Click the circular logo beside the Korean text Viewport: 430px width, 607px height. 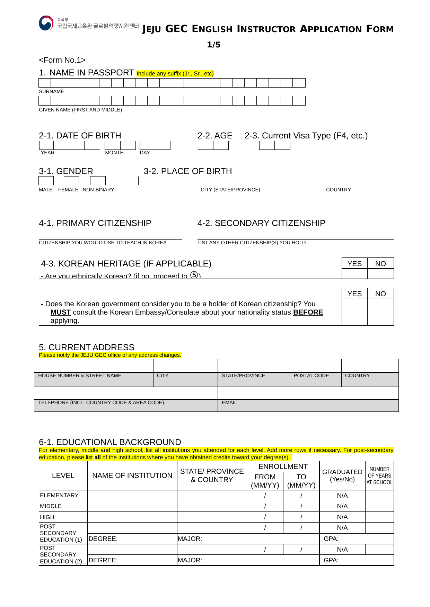[46, 23]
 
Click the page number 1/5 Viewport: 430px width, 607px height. [213, 45]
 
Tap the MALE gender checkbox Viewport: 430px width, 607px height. [46, 181]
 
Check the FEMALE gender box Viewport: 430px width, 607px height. [71, 181]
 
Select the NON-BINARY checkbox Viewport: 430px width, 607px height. [98, 181]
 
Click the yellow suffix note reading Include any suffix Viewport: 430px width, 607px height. [175, 73]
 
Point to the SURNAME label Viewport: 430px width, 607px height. [51, 91]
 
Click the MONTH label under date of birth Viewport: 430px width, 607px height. [114, 153]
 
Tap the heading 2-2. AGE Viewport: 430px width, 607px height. [215, 136]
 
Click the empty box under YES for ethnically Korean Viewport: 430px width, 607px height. [354, 274]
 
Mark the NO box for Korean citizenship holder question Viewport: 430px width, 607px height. [380, 312]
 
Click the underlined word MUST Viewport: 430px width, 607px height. [61, 312]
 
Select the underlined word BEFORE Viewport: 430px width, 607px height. [308, 312]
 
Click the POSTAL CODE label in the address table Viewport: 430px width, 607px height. [311, 375]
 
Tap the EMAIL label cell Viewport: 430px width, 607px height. [229, 402]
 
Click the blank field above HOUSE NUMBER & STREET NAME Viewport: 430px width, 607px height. [94, 366]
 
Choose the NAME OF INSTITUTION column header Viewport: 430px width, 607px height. [132, 475]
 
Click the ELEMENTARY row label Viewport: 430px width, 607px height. [59, 495]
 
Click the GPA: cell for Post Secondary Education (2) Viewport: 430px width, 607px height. [356, 560]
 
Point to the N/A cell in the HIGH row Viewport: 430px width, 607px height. [342, 517]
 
